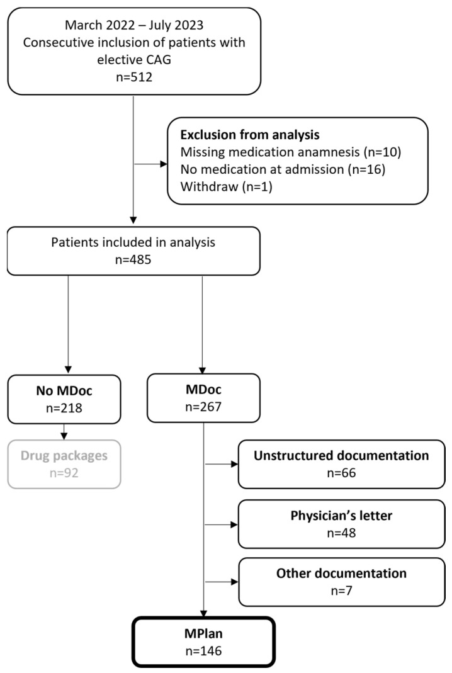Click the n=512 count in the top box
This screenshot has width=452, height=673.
[134, 77]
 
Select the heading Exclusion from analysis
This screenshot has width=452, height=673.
[250, 135]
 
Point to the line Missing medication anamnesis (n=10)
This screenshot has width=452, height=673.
[291, 152]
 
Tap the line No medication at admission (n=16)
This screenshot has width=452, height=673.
[283, 169]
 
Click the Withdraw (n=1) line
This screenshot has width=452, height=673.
[226, 186]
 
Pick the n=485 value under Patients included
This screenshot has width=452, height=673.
[133, 259]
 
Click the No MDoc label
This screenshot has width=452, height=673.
[64, 390]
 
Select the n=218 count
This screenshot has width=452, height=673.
[64, 408]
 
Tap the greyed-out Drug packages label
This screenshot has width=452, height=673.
[64, 455]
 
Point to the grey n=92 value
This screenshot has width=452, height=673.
[64, 473]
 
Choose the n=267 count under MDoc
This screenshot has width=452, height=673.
[203, 407]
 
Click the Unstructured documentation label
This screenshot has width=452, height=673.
[341, 455]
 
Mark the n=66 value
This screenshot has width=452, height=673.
[341, 473]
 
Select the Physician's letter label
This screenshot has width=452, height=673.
[341, 516]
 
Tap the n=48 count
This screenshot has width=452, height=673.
[341, 533]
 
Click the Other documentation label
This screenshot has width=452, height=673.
[341, 574]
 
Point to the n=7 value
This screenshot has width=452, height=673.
[341, 591]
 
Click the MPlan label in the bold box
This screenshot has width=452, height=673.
[203, 633]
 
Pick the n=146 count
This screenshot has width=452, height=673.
[203, 651]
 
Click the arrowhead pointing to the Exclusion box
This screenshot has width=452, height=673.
[164, 164]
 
